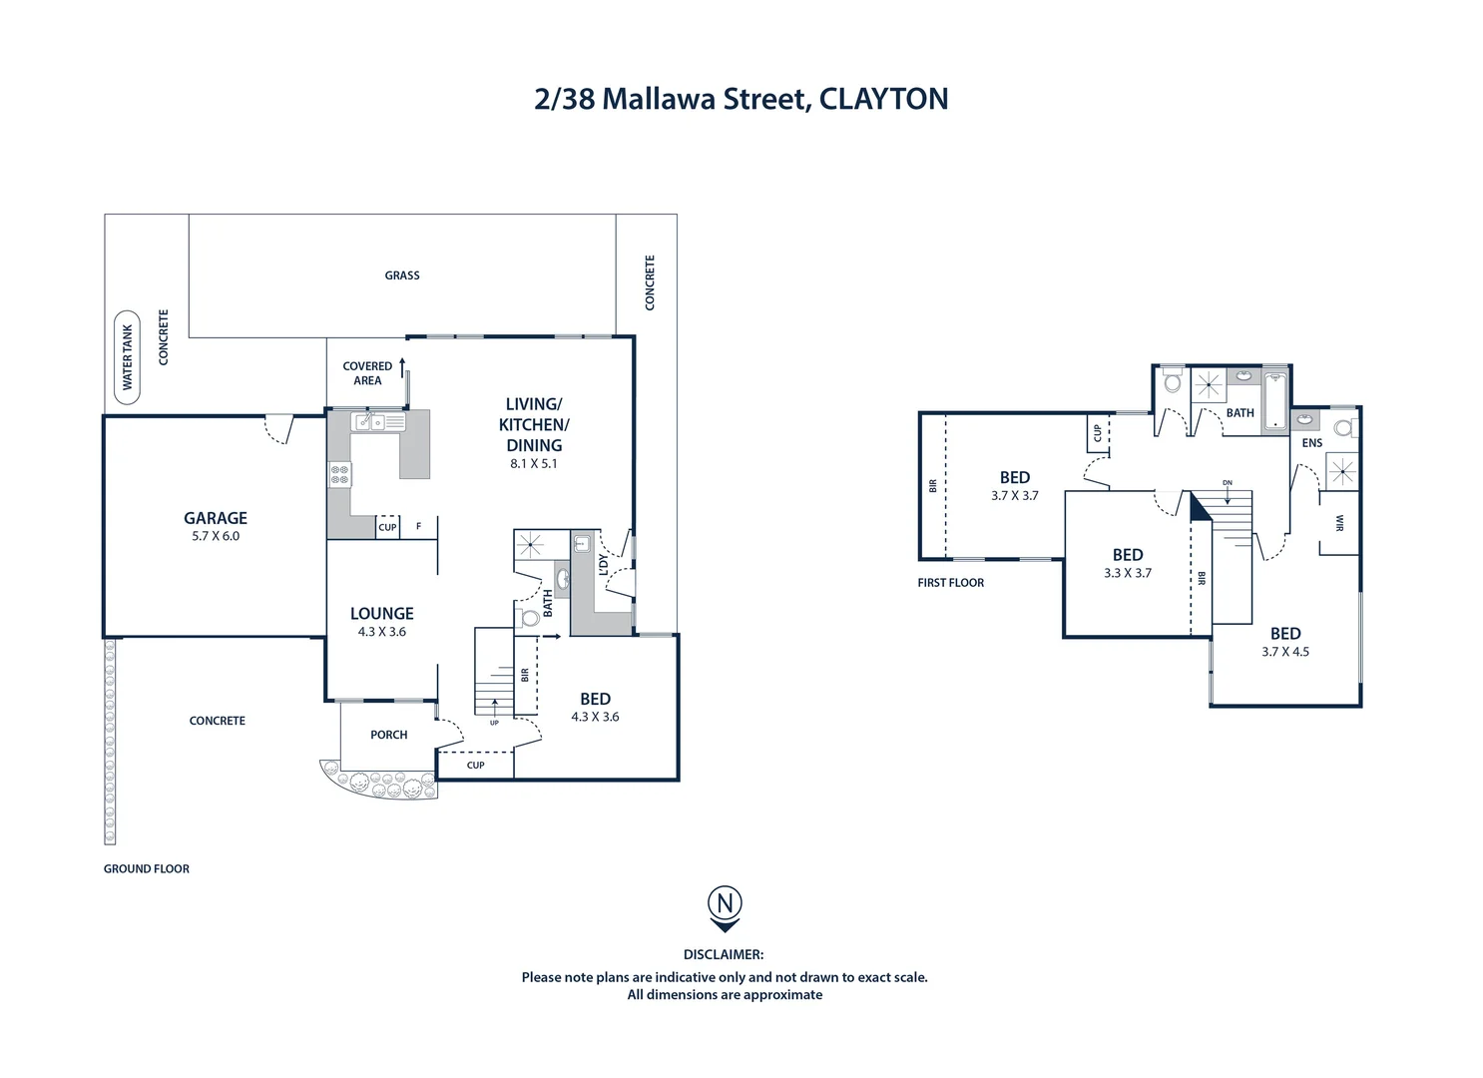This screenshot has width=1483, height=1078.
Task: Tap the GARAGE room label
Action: pyautogui.click(x=216, y=518)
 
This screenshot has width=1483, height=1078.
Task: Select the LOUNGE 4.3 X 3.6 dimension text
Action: pyautogui.click(x=382, y=632)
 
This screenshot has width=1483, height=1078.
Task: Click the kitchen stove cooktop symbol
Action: pyautogui.click(x=340, y=474)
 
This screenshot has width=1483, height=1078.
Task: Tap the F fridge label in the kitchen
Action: pyautogui.click(x=418, y=527)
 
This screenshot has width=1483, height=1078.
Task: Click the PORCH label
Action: pyautogui.click(x=388, y=735)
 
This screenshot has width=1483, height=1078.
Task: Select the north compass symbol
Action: pyautogui.click(x=725, y=906)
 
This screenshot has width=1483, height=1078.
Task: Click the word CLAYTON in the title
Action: pyautogui.click(x=883, y=99)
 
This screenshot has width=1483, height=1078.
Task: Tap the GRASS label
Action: pyautogui.click(x=402, y=275)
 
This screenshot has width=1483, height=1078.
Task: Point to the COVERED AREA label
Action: pyautogui.click(x=367, y=373)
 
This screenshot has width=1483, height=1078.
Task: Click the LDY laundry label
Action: pyautogui.click(x=603, y=565)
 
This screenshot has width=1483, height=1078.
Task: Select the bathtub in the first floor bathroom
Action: pyautogui.click(x=1276, y=401)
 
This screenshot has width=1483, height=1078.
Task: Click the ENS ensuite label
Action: pyautogui.click(x=1311, y=443)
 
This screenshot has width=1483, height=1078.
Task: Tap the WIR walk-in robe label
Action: pyautogui.click(x=1339, y=523)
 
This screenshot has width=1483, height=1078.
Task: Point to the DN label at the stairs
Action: pyautogui.click(x=1227, y=483)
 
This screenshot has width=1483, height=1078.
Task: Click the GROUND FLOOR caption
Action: pyautogui.click(x=147, y=869)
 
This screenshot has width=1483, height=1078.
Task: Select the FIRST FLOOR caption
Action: pyautogui.click(x=951, y=583)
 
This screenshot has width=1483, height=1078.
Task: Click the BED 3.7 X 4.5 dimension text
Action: pyautogui.click(x=1285, y=652)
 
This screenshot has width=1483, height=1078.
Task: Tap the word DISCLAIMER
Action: pyautogui.click(x=724, y=955)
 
